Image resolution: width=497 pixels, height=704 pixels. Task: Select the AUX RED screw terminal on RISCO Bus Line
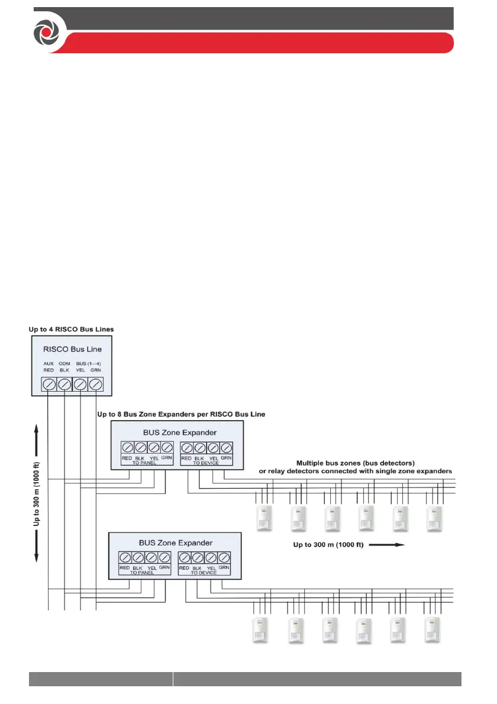pyautogui.click(x=49, y=385)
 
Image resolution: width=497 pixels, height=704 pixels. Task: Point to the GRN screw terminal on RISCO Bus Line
pyautogui.click(x=95, y=385)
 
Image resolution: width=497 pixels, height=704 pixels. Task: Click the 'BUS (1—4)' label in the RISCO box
pyautogui.click(x=88, y=364)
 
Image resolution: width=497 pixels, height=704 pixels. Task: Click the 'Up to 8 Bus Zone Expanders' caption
pyautogui.click(x=180, y=415)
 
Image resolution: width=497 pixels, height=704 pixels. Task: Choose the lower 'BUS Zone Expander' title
pyautogui.click(x=175, y=542)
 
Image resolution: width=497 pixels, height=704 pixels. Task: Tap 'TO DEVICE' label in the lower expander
pyautogui.click(x=204, y=573)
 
